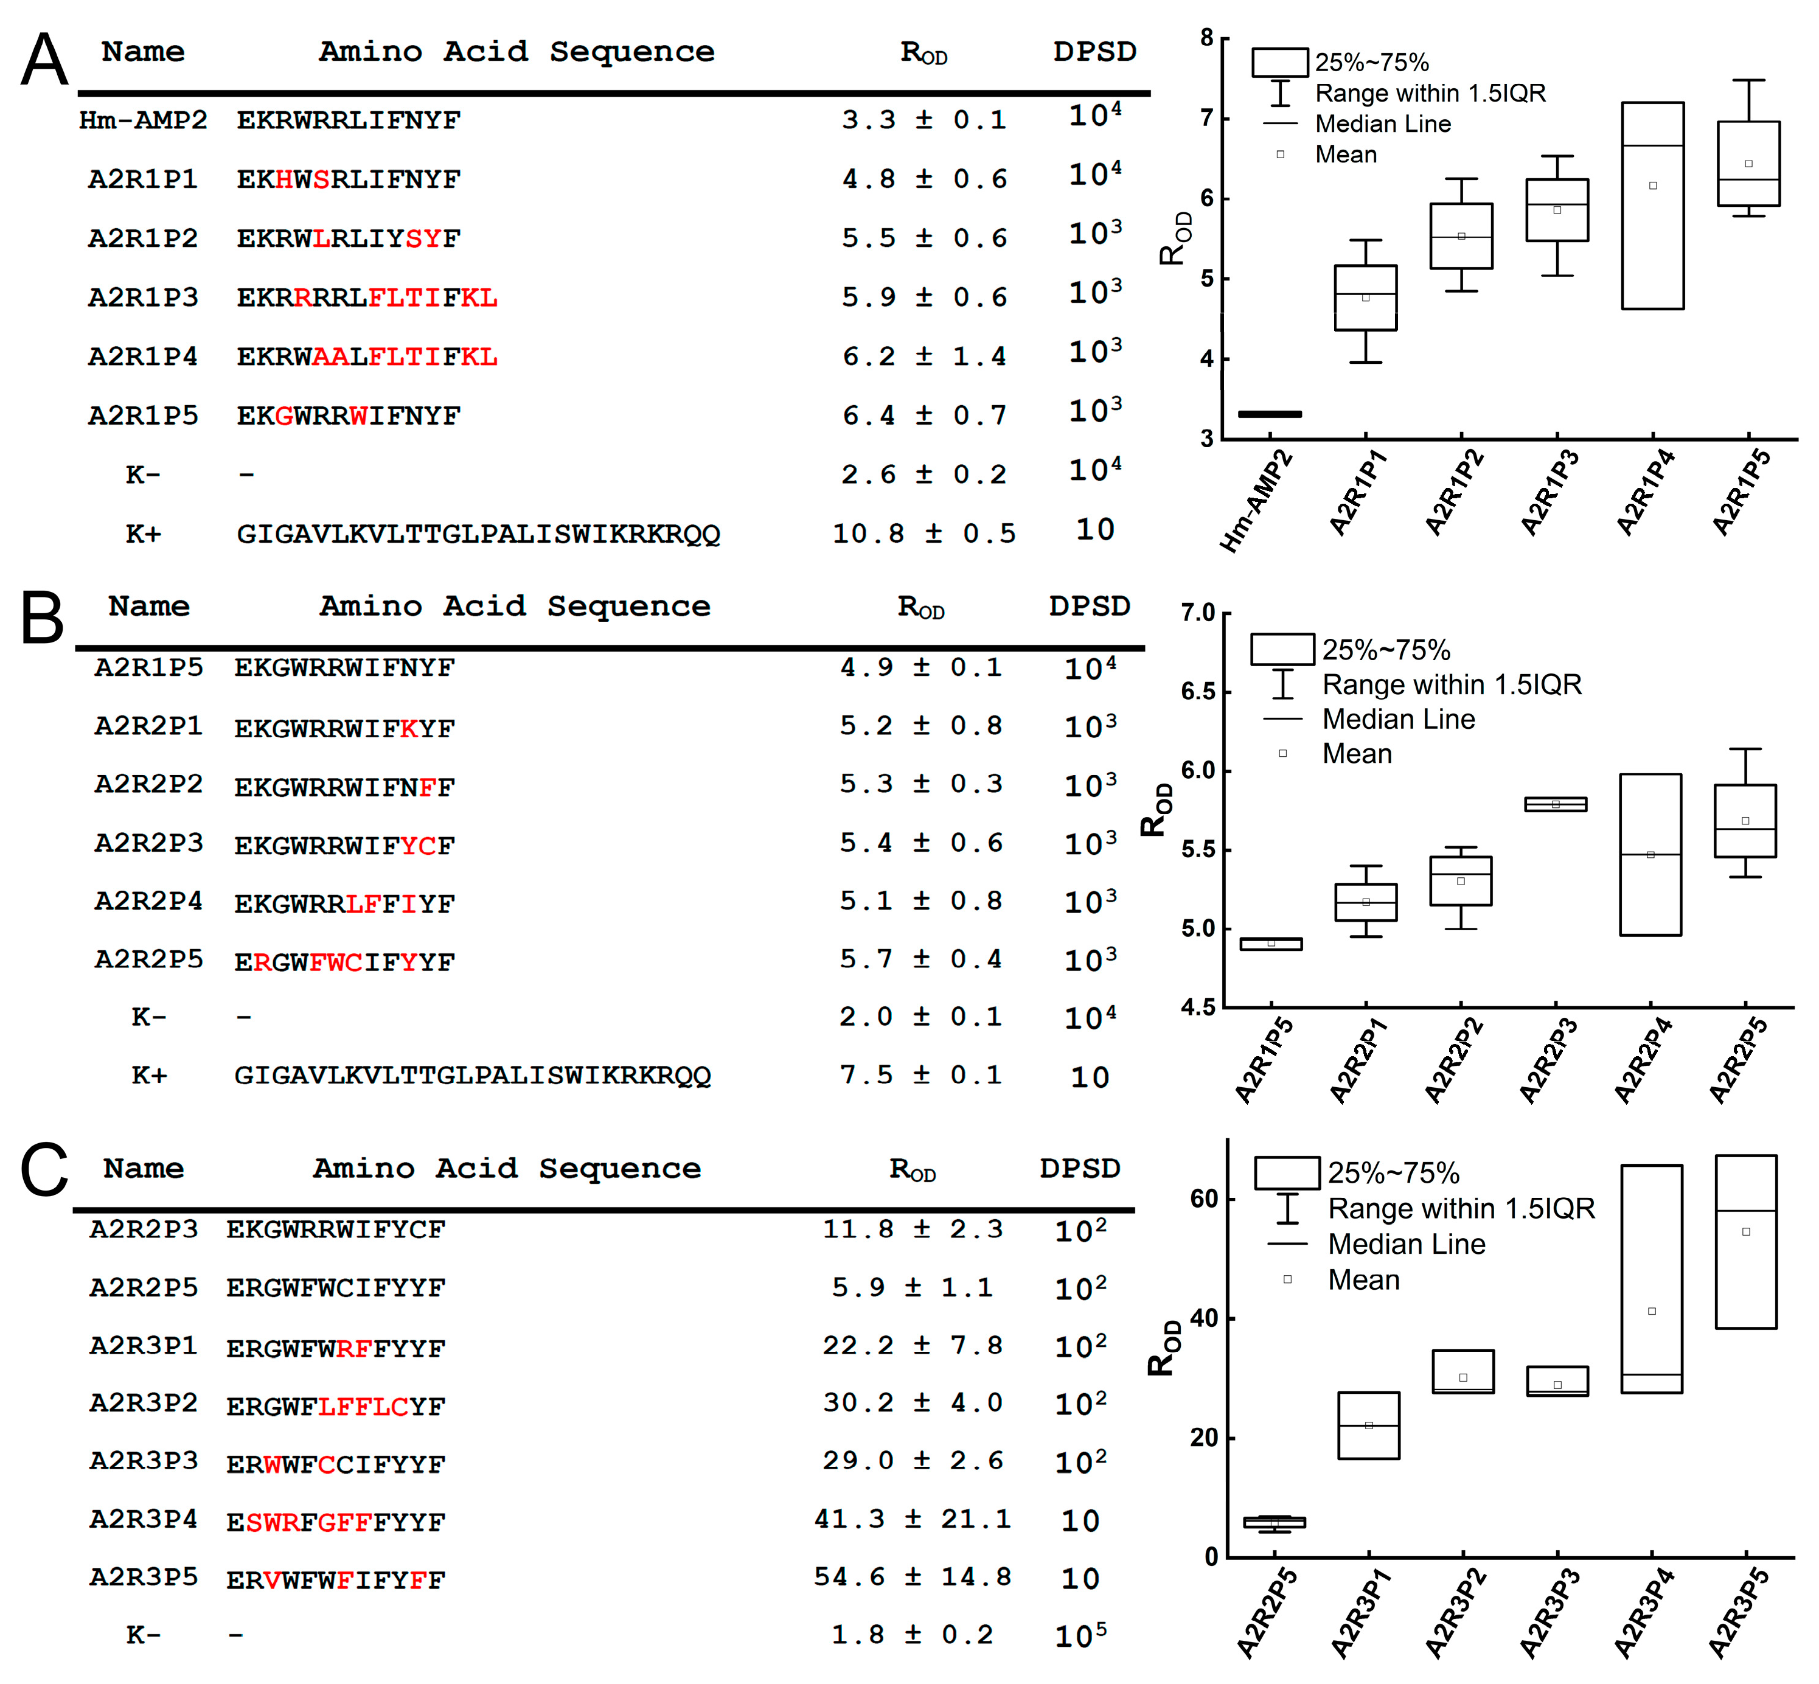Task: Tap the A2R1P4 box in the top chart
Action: pos(1651,206)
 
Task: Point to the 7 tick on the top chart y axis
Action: pos(1206,119)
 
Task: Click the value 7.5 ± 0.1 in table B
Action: pos(920,1075)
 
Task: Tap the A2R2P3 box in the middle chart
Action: pos(1556,804)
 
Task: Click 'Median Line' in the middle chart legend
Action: pos(1398,720)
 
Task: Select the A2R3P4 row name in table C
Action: pos(143,1519)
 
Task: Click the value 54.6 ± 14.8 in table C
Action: pos(912,1578)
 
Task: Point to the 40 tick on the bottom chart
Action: pos(1205,1318)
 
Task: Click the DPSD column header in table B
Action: pos(1089,606)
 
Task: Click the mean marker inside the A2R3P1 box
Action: pos(1369,1425)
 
